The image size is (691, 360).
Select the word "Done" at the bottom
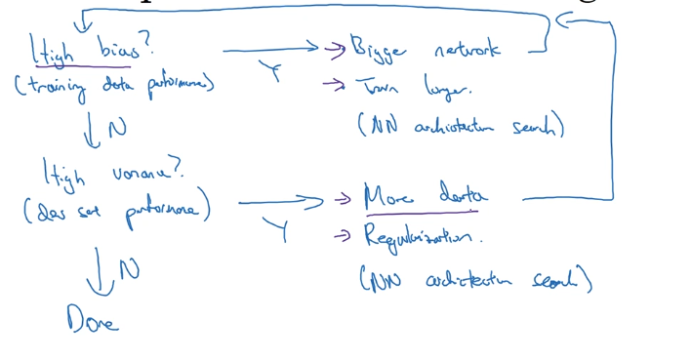click(92, 318)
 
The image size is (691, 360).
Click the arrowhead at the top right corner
click(563, 20)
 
